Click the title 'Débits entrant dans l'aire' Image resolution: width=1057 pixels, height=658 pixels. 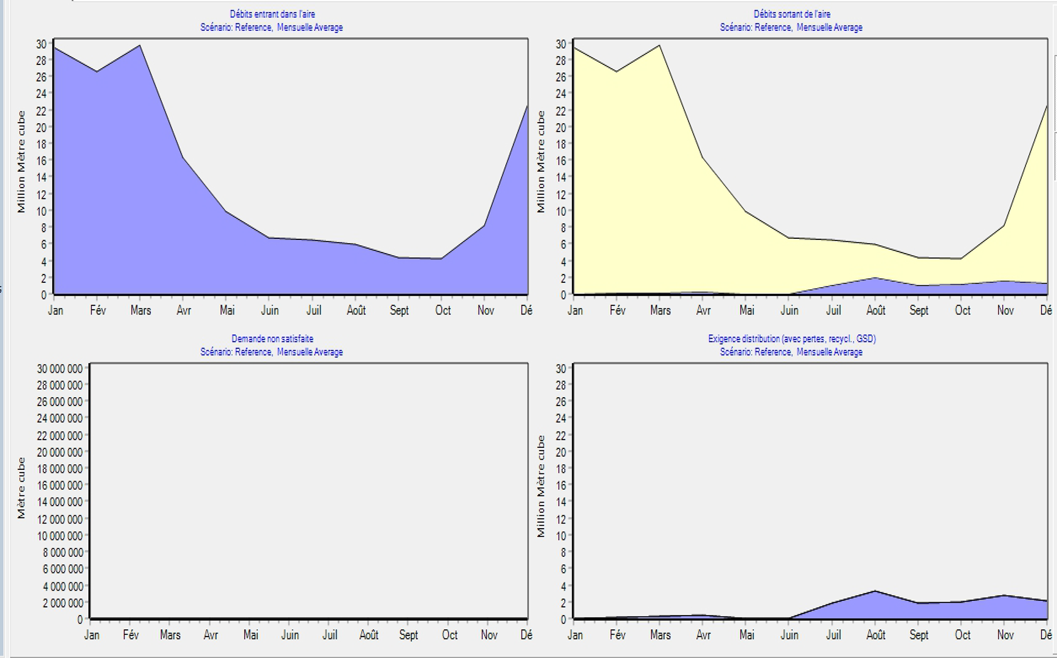point(272,14)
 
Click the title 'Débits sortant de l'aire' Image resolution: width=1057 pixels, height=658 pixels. point(792,14)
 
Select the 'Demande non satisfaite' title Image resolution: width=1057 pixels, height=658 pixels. point(272,338)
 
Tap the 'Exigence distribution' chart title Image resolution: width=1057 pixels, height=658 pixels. point(792,338)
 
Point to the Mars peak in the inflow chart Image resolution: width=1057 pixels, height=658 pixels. point(140,46)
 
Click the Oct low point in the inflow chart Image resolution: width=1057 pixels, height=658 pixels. point(441,259)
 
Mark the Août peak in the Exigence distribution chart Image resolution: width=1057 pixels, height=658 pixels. point(875,591)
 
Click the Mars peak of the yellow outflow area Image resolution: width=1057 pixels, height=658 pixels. point(660,46)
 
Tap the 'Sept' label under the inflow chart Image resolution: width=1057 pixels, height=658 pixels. point(399,310)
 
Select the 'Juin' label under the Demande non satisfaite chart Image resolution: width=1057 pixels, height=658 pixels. point(290,635)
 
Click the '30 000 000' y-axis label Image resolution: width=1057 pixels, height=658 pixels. point(59,369)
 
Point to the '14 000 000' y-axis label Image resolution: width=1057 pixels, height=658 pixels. point(59,502)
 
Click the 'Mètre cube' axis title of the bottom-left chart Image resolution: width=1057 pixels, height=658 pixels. point(21,488)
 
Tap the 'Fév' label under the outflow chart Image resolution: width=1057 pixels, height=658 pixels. point(617,310)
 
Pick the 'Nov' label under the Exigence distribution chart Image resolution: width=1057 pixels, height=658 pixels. point(1005,635)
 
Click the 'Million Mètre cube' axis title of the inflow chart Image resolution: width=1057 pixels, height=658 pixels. point(21,162)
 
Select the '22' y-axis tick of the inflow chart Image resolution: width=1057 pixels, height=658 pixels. point(41,110)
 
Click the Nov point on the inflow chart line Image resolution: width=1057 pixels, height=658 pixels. point(484,225)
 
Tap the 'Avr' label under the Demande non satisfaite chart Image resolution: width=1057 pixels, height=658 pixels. point(211,635)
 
